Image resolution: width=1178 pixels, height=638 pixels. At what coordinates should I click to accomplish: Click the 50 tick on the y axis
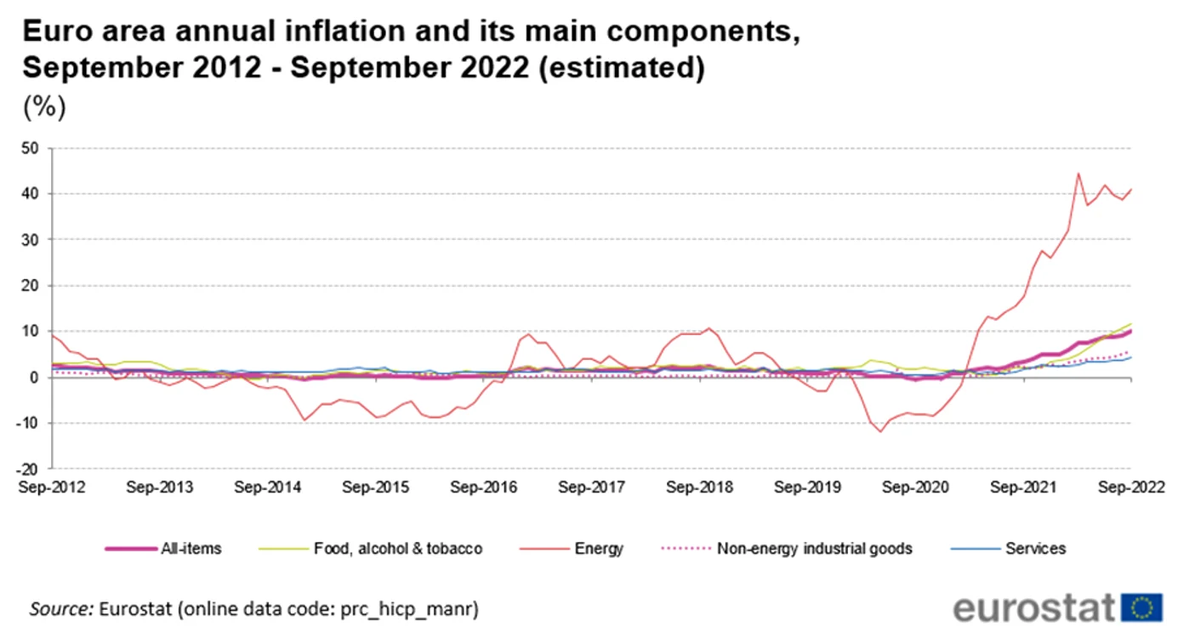pos(30,148)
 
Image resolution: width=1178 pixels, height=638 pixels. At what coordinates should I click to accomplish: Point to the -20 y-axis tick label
pos(27,469)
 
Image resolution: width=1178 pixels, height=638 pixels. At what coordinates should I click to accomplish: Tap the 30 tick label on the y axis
pos(30,240)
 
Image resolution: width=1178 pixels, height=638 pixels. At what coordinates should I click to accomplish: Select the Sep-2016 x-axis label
pos(483,487)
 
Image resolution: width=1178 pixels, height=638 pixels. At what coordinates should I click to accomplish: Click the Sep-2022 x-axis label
pos(1131,487)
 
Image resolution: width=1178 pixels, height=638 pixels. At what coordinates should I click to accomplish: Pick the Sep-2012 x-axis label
pos(52,487)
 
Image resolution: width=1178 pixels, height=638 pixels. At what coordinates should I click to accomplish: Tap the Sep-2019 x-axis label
pos(807,487)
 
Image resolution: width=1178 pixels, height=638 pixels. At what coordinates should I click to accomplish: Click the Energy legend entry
pos(572,549)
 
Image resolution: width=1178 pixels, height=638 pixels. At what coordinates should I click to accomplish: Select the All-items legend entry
pos(163,549)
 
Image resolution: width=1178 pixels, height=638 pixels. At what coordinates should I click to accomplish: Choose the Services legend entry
pos(1009,549)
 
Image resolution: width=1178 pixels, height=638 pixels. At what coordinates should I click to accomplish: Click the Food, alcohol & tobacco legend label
pos(398,549)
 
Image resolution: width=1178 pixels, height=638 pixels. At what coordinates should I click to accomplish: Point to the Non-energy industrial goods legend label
pos(815,549)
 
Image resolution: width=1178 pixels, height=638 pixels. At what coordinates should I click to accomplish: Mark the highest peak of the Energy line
pos(1078,174)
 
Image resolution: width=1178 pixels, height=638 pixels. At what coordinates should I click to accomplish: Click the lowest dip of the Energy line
pos(880,432)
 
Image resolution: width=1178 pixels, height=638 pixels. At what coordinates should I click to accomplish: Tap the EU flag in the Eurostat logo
pos(1141,607)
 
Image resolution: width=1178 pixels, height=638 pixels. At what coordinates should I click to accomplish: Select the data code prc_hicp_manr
pos(408,609)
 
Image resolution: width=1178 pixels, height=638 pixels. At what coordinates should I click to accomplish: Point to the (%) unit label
pos(45,107)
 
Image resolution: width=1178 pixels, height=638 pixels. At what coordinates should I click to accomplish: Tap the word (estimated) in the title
pos(622,68)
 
